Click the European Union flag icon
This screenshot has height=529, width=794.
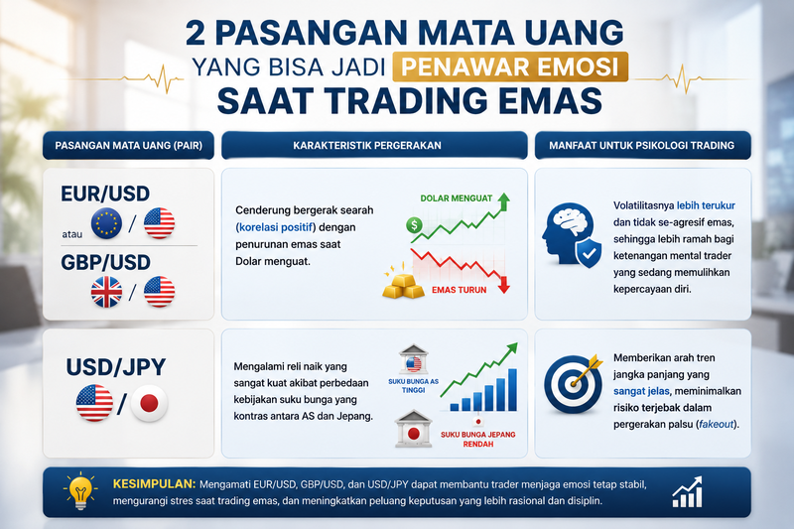106,223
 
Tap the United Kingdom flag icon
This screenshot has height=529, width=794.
106,292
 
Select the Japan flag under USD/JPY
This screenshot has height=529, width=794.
149,404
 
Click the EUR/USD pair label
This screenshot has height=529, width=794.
105,194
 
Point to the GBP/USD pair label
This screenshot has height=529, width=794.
105,262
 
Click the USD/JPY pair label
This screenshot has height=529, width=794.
116,367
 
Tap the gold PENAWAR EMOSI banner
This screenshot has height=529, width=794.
510,66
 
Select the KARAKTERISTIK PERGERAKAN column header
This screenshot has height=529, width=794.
367,146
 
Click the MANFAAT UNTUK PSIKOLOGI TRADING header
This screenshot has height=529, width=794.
642,146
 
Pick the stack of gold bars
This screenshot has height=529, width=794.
403,286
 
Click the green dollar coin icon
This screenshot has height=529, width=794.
414,225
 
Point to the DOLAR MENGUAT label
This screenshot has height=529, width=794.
457,198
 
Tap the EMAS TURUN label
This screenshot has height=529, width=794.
459,290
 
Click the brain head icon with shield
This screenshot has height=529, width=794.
572,234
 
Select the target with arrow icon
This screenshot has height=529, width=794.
573,384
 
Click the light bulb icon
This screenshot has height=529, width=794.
80,491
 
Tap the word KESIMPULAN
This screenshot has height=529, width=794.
154,484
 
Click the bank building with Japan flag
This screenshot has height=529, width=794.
413,430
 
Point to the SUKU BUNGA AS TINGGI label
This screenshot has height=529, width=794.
413,386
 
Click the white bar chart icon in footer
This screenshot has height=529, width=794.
687,492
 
